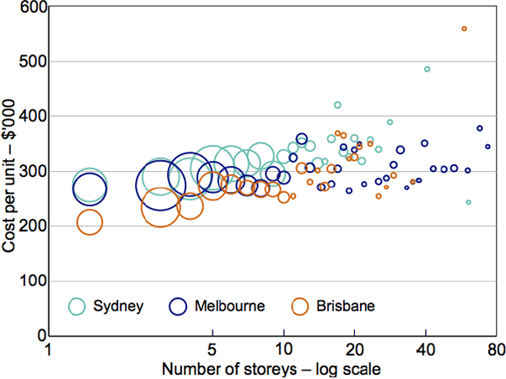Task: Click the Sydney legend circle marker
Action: pos(78,306)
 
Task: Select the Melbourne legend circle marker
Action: pos(179,306)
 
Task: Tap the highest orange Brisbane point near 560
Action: pos(465,29)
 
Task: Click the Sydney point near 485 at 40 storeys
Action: pos(427,69)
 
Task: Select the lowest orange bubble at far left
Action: pos(89,222)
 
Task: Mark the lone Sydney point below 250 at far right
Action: pos(469,202)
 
